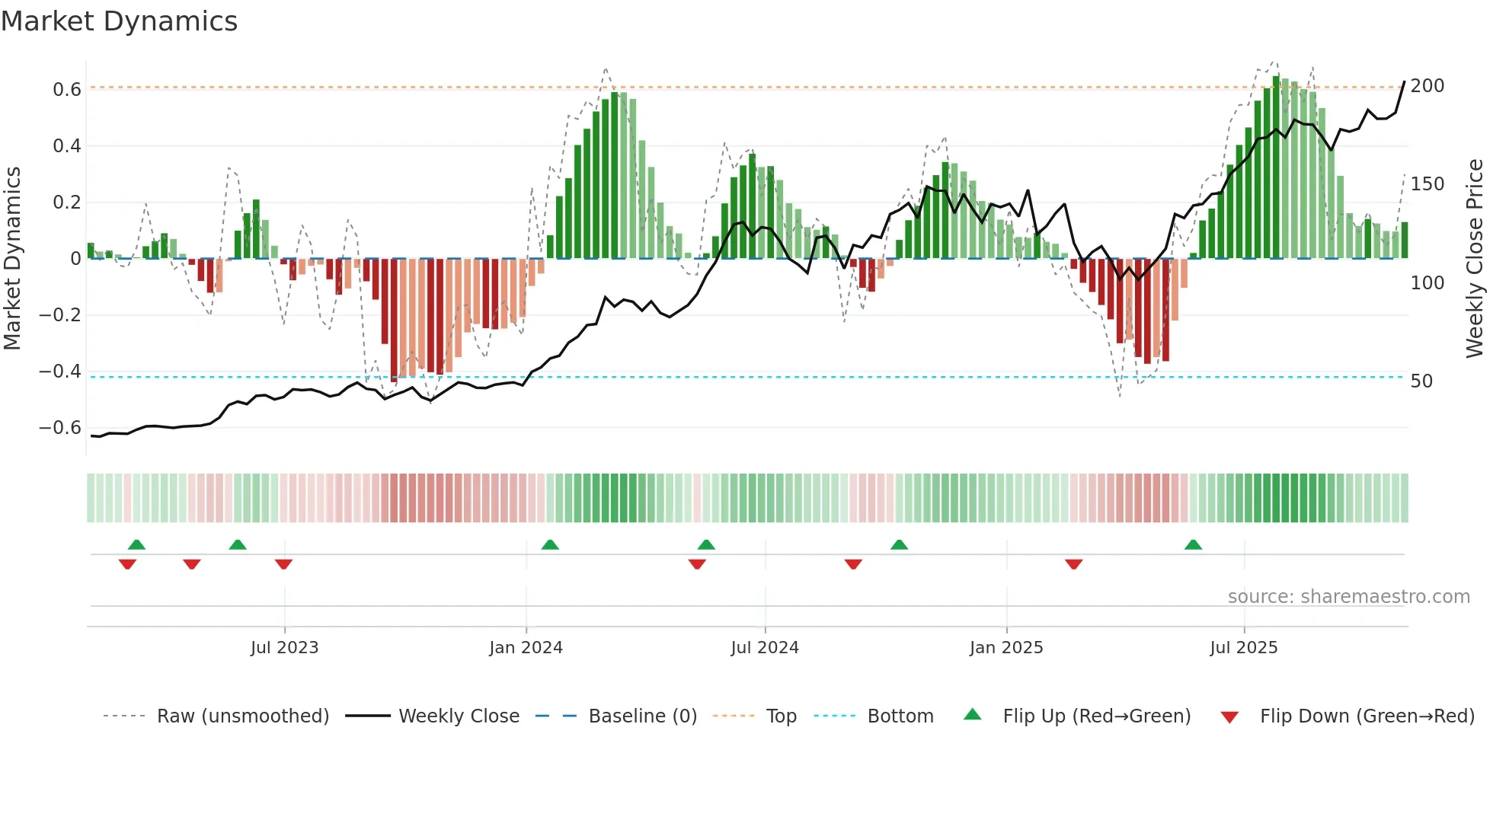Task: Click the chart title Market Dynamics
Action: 119,21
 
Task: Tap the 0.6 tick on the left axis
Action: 67,90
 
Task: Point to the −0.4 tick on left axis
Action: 60,372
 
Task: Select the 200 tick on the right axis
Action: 1427,86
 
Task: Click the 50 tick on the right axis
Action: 1421,381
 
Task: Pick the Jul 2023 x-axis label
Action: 284,648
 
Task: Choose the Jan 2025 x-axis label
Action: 1005,648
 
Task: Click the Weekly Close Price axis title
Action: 1475,259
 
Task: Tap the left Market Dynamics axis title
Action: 12,259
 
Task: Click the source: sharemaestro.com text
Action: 1348,597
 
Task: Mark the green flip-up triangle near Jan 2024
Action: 550,544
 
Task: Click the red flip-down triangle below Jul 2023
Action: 283,564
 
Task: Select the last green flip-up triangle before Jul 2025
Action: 1193,544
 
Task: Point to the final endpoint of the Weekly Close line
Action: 1405,81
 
